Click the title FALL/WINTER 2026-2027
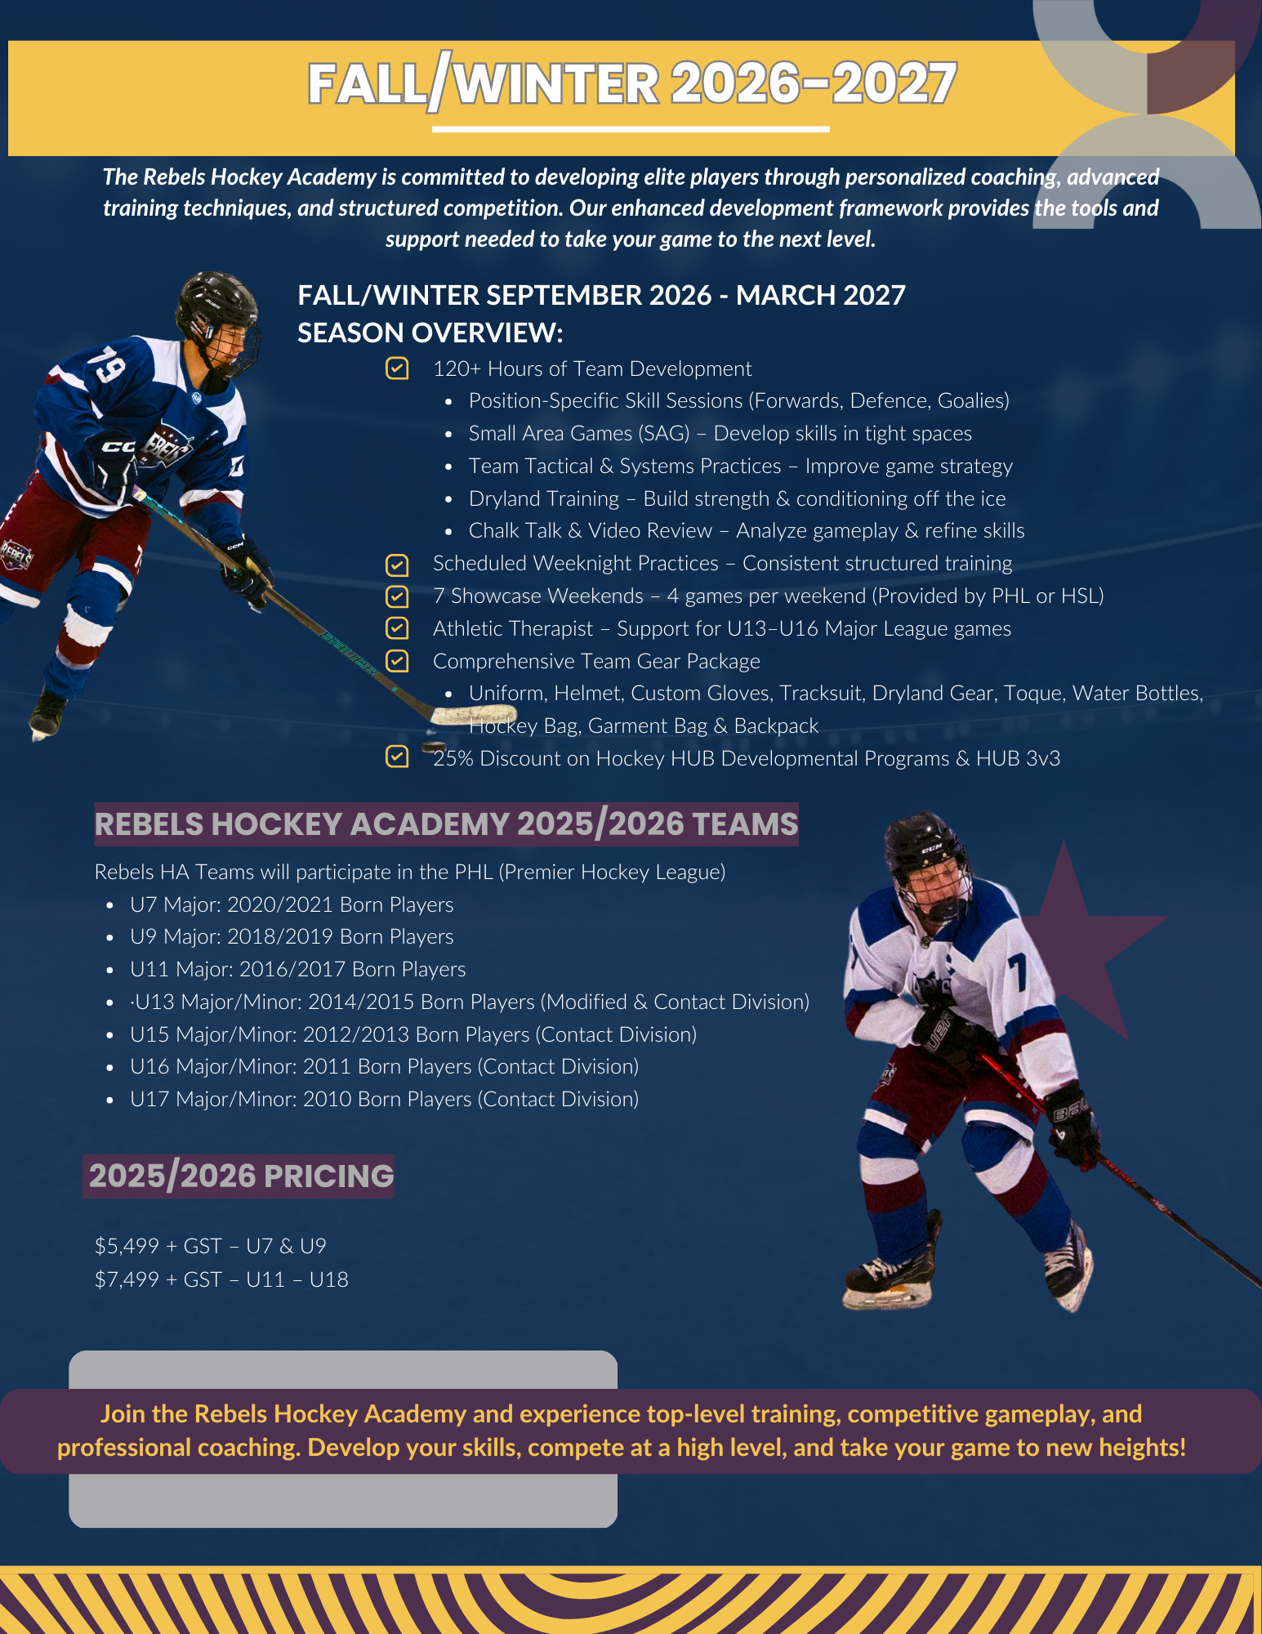click(x=631, y=84)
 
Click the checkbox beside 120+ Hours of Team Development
click(x=397, y=368)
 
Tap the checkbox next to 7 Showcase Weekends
click(x=397, y=596)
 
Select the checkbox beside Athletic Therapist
click(x=397, y=628)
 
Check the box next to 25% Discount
click(x=397, y=757)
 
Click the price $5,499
click(x=127, y=1246)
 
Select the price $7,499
click(x=127, y=1279)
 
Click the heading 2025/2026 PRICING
click(x=240, y=1176)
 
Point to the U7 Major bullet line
click(x=291, y=904)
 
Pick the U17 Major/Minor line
click(x=384, y=1099)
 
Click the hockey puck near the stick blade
click(x=434, y=747)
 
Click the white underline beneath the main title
click(x=631, y=129)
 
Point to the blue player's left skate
click(x=47, y=712)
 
